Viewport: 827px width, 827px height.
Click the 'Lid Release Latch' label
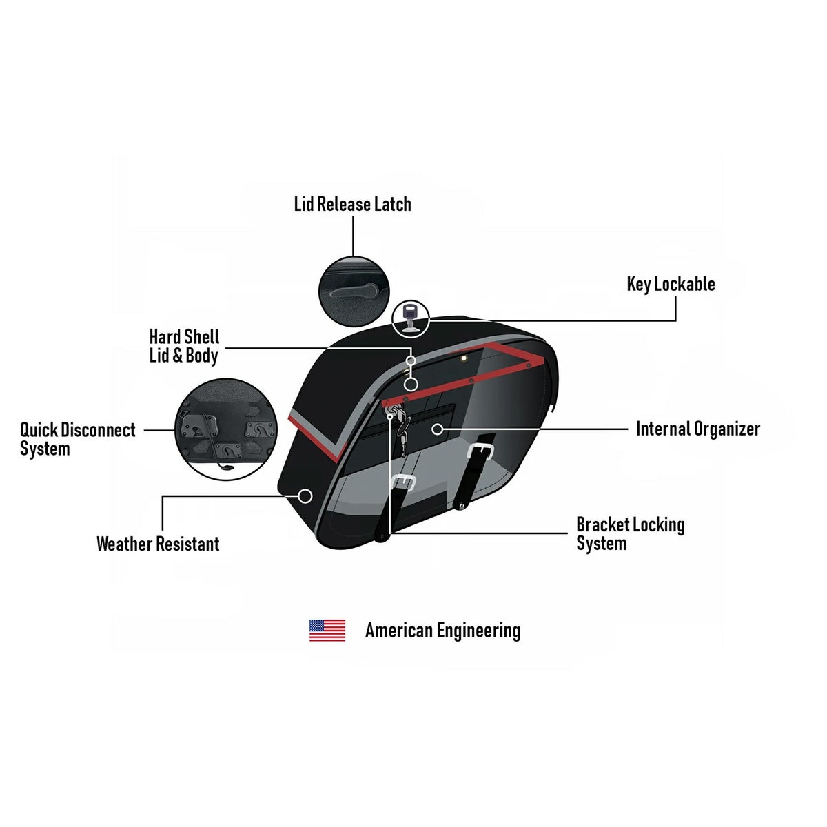point(352,204)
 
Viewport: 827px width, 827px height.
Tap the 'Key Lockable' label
point(671,284)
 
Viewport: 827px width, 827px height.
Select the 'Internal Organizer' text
point(697,429)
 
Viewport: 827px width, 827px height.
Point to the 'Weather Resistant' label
point(158,544)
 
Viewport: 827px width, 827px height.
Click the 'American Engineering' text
point(442,630)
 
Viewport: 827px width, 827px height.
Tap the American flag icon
point(327,630)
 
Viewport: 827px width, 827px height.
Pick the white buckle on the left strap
point(402,483)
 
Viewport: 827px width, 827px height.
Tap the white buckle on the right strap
point(480,451)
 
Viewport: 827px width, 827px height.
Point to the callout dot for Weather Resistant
point(305,495)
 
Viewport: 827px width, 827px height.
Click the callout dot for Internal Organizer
point(437,429)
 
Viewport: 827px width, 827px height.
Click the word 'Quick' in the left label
point(39,430)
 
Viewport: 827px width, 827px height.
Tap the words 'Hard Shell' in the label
point(184,337)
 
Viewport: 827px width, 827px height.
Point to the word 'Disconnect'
point(98,430)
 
